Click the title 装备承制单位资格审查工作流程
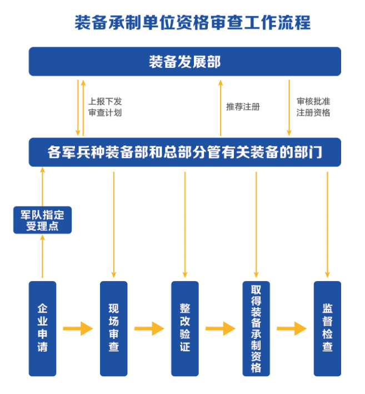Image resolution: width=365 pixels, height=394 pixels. click(x=192, y=23)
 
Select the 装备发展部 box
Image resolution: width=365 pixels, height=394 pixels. click(x=184, y=61)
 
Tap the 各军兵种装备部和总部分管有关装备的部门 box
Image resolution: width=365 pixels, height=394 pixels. click(x=184, y=152)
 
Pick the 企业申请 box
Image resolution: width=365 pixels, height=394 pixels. click(x=43, y=328)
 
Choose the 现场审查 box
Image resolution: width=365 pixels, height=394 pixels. click(x=114, y=328)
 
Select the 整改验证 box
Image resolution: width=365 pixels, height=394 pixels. click(x=185, y=328)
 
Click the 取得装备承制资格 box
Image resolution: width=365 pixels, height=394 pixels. click(x=256, y=328)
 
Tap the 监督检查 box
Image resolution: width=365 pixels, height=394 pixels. click(x=327, y=328)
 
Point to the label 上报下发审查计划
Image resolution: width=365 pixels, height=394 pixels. click(x=104, y=107)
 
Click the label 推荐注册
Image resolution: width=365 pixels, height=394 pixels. click(x=243, y=107)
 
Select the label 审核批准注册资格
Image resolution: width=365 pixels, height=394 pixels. click(x=313, y=107)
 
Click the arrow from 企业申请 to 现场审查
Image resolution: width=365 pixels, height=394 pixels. click(x=78, y=328)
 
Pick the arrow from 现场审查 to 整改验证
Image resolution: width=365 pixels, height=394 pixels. click(x=149, y=328)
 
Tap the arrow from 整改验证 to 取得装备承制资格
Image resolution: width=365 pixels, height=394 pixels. click(x=220, y=328)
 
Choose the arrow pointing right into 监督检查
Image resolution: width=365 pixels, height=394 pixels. click(x=292, y=328)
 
